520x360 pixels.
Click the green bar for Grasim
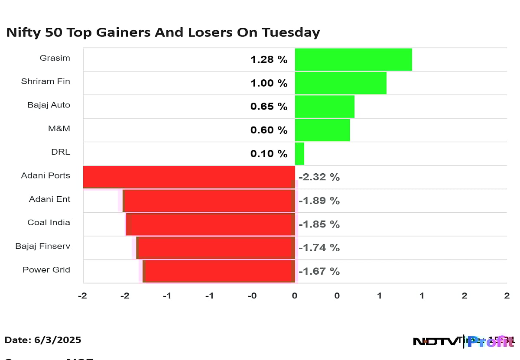[x=353, y=59]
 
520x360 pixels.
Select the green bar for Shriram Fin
[x=341, y=83]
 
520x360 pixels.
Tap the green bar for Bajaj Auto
[x=325, y=107]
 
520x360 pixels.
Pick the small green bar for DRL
[x=299, y=153]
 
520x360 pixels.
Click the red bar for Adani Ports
[x=189, y=177]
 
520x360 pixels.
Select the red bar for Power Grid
[x=219, y=271]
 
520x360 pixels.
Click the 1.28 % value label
[x=269, y=60]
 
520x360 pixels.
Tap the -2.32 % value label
[x=319, y=177]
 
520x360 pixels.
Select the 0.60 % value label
[x=269, y=130]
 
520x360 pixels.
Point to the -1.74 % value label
[x=319, y=248]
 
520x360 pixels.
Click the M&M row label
[x=60, y=129]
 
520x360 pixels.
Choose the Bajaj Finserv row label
[x=42, y=246]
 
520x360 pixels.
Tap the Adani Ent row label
[x=49, y=199]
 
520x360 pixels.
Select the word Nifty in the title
[x=20, y=32]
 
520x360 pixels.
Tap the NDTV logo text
[x=435, y=341]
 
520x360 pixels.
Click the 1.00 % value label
[x=269, y=83]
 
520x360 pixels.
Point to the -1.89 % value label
[x=319, y=201]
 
